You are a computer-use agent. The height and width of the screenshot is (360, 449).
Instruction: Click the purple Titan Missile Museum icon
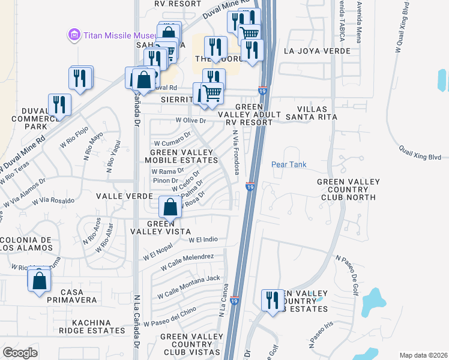[x=74, y=35]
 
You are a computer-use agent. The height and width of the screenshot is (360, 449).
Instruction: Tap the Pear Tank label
[x=289, y=164]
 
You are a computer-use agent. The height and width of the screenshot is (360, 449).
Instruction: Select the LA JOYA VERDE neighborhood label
[x=317, y=51]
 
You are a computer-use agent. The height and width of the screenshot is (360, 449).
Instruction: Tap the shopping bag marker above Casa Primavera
[x=39, y=280]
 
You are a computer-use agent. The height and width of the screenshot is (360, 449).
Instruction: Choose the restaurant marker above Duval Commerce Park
[x=59, y=104]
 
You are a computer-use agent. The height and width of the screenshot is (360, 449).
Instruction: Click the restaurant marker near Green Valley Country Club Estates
[x=273, y=300]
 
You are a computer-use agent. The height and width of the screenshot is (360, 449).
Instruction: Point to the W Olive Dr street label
[x=191, y=121]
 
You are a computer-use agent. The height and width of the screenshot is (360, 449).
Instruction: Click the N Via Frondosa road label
[x=236, y=154]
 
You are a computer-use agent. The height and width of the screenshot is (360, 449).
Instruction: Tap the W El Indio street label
[x=203, y=239]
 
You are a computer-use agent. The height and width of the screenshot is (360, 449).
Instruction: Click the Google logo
[x=20, y=353]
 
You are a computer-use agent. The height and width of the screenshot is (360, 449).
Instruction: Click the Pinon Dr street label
[x=166, y=180]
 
